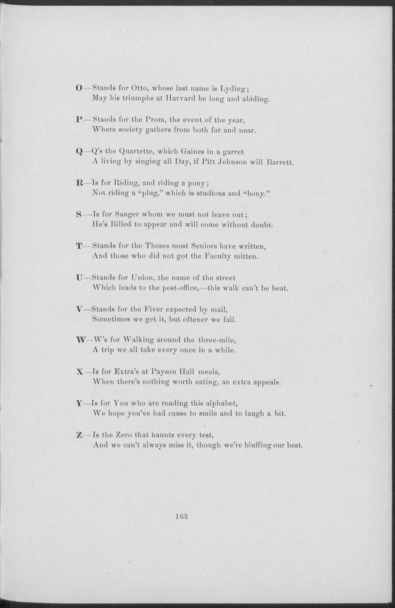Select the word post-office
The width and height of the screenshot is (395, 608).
(181, 288)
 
